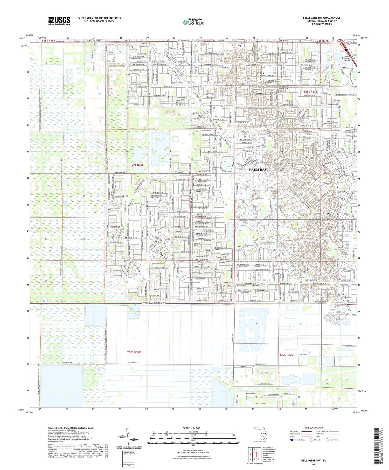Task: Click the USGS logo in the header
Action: pyautogui.click(x=59, y=21)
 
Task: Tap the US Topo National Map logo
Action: pyautogui.click(x=193, y=22)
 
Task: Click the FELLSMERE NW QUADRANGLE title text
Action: pyautogui.click(x=322, y=18)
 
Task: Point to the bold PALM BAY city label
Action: pyautogui.click(x=258, y=170)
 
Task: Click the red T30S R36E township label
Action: pyautogui.click(x=134, y=352)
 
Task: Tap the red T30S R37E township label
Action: pyautogui.click(x=286, y=355)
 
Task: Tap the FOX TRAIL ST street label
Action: pyautogui.click(x=265, y=373)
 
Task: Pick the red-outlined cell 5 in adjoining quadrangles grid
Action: pyautogui.click(x=259, y=454)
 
